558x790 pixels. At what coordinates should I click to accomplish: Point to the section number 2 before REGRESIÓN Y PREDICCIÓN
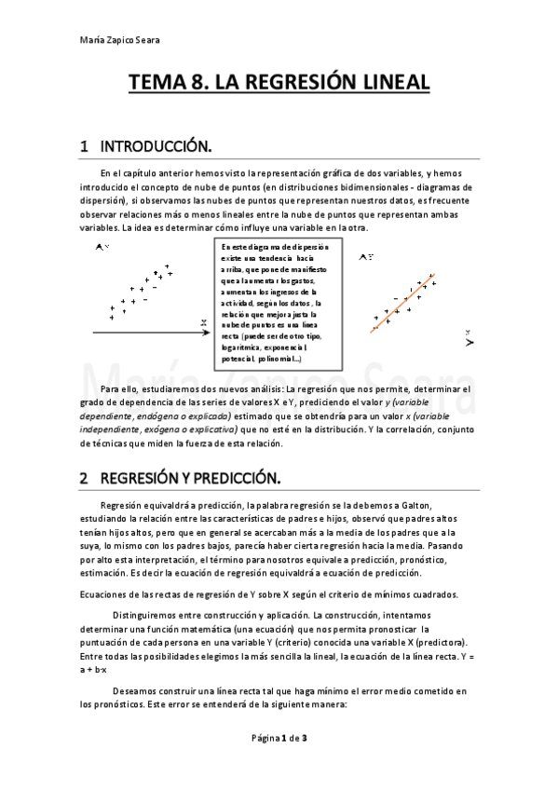tap(84, 479)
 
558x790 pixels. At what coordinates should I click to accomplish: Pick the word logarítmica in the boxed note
tap(245, 347)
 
